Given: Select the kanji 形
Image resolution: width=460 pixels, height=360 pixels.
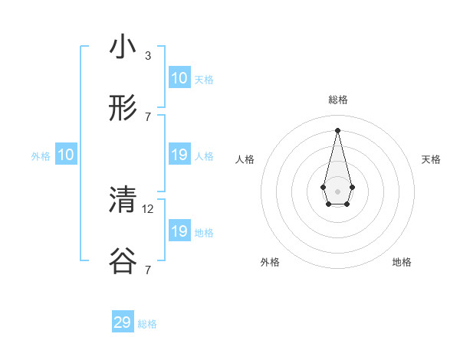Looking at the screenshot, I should [123, 110].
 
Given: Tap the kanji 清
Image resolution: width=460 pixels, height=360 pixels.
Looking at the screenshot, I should [123, 200].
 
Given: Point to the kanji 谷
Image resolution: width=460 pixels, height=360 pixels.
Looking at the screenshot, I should [123, 263].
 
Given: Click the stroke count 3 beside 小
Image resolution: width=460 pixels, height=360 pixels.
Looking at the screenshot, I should [147, 55].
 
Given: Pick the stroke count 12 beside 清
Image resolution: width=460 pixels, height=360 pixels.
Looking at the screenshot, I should [149, 208].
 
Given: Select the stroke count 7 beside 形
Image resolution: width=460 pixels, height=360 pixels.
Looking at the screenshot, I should [147, 117].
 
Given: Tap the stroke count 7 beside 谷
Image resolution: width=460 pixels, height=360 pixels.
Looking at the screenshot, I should [147, 270].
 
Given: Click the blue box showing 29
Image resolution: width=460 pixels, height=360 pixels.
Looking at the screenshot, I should [123, 322].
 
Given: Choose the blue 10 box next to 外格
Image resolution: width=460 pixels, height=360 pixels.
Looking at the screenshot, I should [66, 155].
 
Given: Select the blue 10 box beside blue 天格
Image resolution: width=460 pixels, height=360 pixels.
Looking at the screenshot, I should [179, 78].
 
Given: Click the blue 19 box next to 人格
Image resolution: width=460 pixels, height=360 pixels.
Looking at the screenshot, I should [179, 155].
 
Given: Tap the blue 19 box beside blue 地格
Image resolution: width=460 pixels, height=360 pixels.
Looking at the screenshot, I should [179, 231].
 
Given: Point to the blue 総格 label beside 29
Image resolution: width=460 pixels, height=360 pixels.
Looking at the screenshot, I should [147, 324].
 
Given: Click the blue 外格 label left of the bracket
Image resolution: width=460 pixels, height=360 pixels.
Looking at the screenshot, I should [41, 156].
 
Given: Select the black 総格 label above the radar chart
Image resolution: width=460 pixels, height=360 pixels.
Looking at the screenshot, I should [337, 100].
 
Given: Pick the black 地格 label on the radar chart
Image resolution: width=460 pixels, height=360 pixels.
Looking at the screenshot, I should [402, 262].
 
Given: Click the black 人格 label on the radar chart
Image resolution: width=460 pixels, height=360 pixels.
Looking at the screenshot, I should [245, 159].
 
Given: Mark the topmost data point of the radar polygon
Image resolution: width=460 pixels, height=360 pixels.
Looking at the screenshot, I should [337, 129].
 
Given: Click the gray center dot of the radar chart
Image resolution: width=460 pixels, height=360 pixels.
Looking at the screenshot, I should [337, 191].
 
